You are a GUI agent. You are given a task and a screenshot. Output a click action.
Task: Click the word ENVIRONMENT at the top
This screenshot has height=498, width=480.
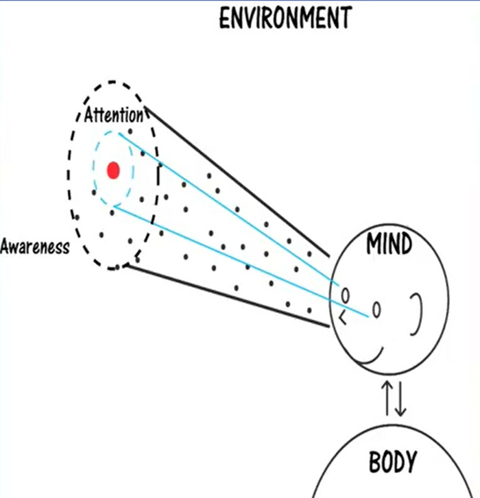pyautogui.click(x=285, y=18)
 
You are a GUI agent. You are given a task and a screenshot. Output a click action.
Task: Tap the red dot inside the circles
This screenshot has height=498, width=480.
pyautogui.click(x=114, y=170)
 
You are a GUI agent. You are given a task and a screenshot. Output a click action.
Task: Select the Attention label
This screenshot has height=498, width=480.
pyautogui.click(x=114, y=114)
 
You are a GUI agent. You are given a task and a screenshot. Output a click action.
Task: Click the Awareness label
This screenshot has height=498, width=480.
pyautogui.click(x=35, y=247)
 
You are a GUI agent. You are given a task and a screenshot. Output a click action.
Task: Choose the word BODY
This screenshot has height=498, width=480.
pyautogui.click(x=392, y=462)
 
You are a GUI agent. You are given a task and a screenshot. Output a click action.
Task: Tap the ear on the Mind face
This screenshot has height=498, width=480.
pyautogui.click(x=416, y=313)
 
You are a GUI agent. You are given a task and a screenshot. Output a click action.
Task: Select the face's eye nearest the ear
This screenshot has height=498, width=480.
pyautogui.click(x=376, y=310)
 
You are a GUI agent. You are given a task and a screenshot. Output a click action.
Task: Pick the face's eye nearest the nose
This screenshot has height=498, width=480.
pyautogui.click(x=346, y=295)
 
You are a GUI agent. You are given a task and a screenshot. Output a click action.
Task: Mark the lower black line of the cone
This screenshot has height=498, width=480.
pyautogui.click(x=226, y=295)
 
